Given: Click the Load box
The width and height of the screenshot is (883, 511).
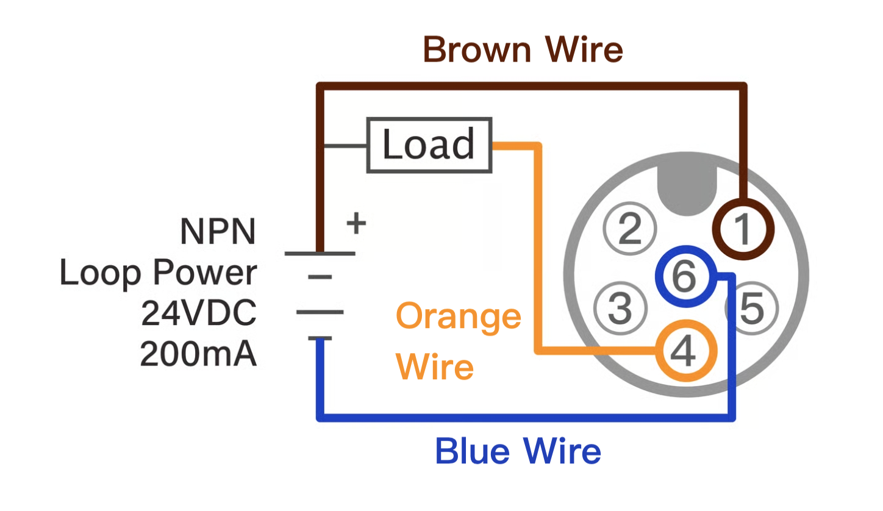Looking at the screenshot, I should click(429, 145).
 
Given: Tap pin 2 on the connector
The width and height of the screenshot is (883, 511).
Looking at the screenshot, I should click(630, 230).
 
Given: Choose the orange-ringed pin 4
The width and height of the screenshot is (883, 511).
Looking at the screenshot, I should click(685, 351).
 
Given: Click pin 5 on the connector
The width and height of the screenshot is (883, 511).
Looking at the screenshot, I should click(751, 309).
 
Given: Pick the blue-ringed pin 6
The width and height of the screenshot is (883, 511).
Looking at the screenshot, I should click(684, 277).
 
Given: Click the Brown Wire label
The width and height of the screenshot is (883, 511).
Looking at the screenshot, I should click(523, 49).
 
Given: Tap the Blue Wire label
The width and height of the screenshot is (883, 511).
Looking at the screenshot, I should click(518, 452).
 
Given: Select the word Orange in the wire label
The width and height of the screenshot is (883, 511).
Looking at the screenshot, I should click(459, 317).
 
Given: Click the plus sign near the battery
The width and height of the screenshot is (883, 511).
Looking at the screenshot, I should click(356, 224).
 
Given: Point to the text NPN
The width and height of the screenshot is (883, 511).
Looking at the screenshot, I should click(218, 232).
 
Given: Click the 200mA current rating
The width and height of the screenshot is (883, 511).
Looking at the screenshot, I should click(199, 354).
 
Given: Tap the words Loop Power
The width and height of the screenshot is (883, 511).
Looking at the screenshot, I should click(158, 273).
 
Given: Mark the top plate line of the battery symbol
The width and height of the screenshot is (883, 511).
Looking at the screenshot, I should click(320, 253).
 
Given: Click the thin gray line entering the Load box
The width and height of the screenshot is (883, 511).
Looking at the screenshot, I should click(345, 146).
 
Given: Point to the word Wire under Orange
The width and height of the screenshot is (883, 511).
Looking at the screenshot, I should click(435, 367).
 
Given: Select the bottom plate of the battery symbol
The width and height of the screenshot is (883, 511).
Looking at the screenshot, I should click(320, 338).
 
